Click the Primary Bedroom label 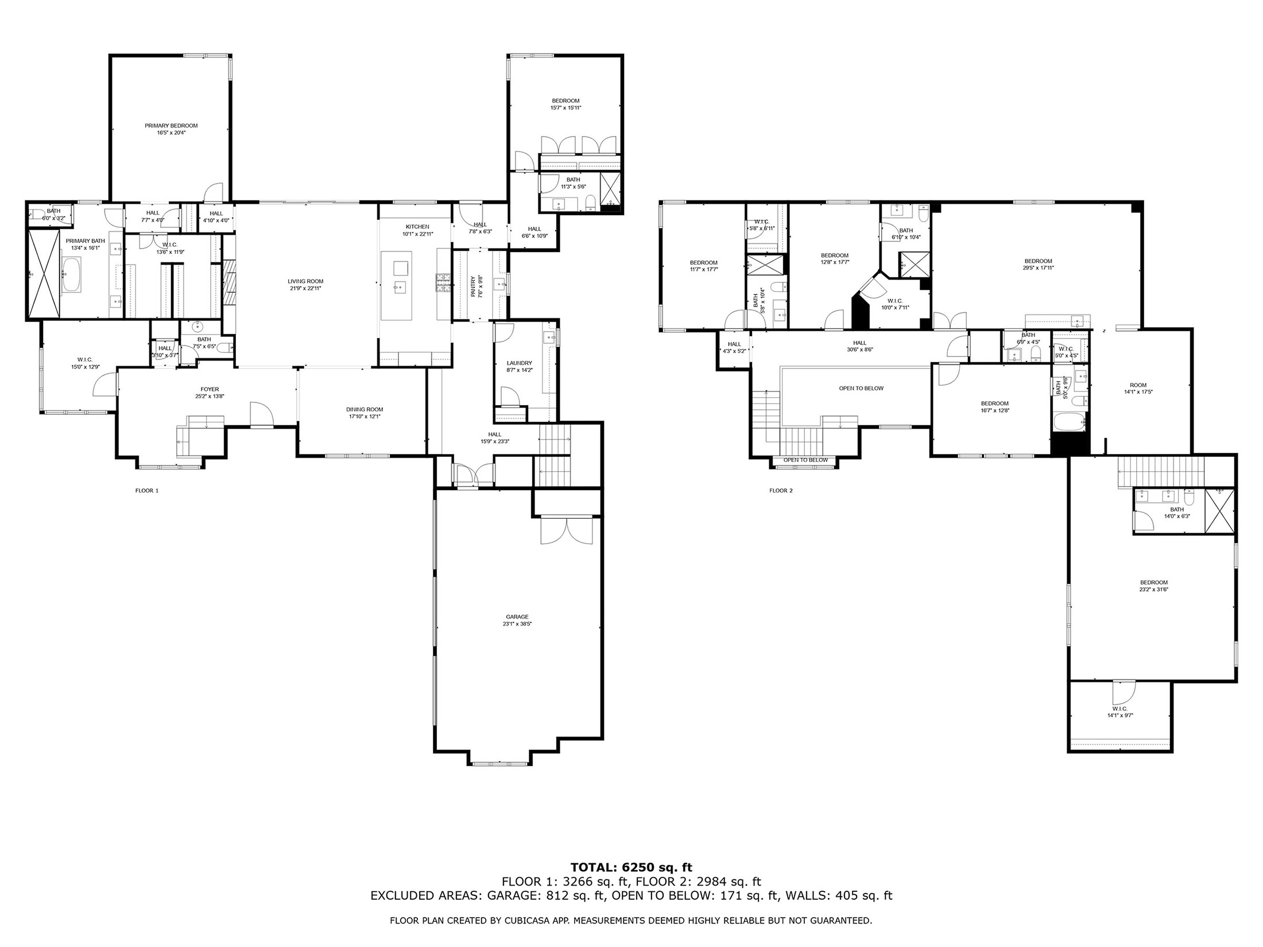point(171,126)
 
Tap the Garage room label point(517,617)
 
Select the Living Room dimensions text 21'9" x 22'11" point(306,289)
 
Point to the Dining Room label point(365,409)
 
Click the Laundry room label point(519,363)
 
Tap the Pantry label point(474,286)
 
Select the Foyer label point(210,389)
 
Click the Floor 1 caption point(147,491)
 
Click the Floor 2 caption point(781,491)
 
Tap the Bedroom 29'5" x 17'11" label point(1038,261)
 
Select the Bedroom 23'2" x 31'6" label point(1154,583)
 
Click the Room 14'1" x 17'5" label point(1138,385)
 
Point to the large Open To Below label point(861,388)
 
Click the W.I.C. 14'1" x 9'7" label point(1120,709)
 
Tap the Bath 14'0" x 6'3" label point(1177,510)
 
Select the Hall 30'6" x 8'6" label point(859,343)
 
